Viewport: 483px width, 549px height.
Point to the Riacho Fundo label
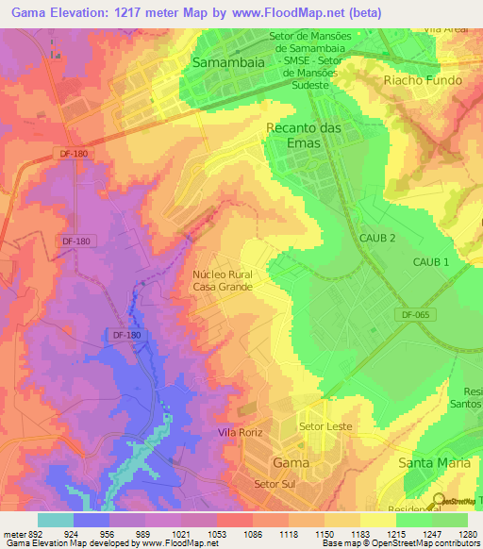423,80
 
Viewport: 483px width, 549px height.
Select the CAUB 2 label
376,239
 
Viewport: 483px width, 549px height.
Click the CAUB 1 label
431,260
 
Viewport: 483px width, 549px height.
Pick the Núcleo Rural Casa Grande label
223,278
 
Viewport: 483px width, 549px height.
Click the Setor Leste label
325,426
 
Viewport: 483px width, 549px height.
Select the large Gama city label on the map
291,463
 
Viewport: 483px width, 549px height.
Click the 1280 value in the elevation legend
467,533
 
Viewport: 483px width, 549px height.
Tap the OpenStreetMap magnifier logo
439,501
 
